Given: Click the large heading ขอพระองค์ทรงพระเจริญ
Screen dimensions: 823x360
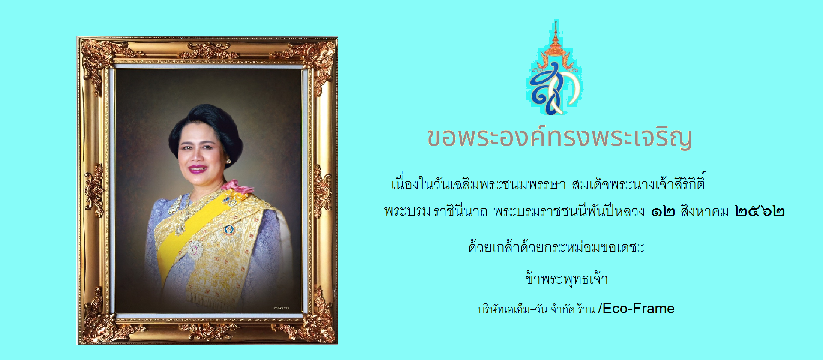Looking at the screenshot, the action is [559, 137].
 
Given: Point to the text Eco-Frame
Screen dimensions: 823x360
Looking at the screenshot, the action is [638, 308].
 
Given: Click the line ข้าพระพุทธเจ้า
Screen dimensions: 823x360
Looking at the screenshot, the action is [567, 279].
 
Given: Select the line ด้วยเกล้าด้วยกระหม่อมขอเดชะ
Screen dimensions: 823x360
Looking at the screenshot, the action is [556, 247].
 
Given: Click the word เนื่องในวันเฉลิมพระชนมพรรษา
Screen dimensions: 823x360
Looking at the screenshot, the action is [478, 183].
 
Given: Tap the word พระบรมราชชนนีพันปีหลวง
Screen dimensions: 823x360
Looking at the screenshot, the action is [569, 210].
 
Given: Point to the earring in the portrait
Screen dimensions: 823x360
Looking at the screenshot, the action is [228, 161].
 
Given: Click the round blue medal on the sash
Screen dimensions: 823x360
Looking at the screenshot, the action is [229, 230].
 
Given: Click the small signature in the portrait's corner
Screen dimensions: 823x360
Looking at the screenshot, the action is [281, 308].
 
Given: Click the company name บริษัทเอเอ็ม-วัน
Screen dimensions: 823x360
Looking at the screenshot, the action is [512, 309].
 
